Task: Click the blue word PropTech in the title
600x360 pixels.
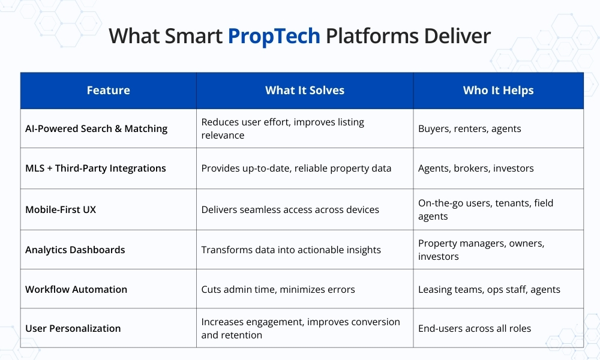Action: [x=274, y=37]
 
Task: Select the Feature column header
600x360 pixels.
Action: [x=108, y=91]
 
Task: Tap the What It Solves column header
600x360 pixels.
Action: [x=305, y=91]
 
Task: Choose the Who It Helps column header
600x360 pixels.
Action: [x=498, y=91]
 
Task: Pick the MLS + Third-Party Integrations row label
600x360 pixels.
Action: [x=95, y=168]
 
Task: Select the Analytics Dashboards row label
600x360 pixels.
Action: [x=75, y=250]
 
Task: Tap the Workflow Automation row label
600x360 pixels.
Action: [x=76, y=289]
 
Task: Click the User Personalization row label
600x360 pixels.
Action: [x=73, y=328]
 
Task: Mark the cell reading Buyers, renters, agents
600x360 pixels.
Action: [x=469, y=128]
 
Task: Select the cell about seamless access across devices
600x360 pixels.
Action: [x=290, y=209]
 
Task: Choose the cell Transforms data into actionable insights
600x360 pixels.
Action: [x=291, y=250]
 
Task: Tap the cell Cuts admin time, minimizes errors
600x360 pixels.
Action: [x=278, y=289]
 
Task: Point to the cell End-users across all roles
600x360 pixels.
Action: [x=474, y=328]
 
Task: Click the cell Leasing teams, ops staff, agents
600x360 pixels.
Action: [x=489, y=289]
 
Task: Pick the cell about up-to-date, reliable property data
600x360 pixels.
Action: [x=296, y=168]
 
